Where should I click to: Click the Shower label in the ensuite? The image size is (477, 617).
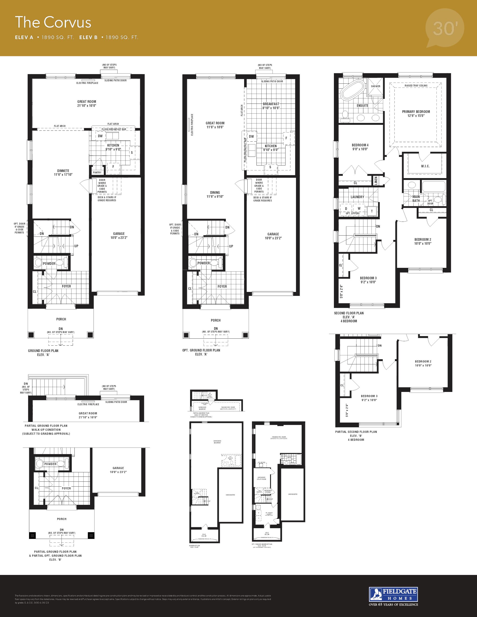pos(376,86)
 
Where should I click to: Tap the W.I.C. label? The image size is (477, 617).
pos(425,166)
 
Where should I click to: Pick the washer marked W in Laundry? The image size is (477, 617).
pos(359,208)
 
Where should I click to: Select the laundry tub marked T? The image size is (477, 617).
pos(372,211)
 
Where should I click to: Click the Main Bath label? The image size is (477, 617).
pos(416,199)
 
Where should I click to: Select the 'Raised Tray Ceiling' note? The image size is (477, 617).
pos(416,86)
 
